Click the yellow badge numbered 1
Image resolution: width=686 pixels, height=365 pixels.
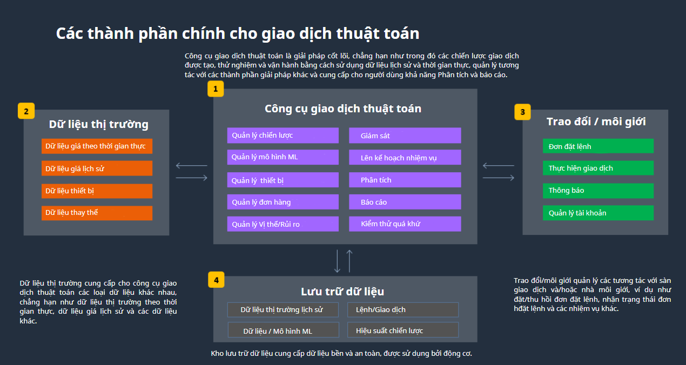click(x=216, y=89)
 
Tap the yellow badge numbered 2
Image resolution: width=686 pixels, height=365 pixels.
click(x=26, y=111)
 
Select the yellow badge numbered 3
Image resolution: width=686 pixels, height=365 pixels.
click(x=522, y=112)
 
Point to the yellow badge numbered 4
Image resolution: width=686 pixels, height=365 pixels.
click(x=216, y=280)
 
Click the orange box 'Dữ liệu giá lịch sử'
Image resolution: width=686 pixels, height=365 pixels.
click(x=97, y=168)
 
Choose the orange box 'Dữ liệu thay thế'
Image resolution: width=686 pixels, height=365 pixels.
click(x=97, y=213)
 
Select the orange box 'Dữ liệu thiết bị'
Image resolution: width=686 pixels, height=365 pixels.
click(x=97, y=191)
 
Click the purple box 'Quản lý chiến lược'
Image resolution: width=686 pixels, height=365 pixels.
click(x=283, y=136)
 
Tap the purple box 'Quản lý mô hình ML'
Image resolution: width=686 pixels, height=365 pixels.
click(x=283, y=157)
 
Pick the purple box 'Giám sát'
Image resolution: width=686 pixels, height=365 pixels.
click(x=405, y=136)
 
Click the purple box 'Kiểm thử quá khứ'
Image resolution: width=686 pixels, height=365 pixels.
click(x=405, y=224)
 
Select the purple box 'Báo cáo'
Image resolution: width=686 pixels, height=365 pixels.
click(x=405, y=202)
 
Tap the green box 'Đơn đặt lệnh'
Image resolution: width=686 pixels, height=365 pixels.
click(x=598, y=146)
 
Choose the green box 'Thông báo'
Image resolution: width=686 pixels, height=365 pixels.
click(x=598, y=191)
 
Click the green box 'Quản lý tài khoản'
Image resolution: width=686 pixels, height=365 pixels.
click(x=598, y=213)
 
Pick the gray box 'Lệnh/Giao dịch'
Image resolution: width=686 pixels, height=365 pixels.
click(x=403, y=309)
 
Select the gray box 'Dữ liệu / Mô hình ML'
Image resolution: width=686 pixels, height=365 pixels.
click(x=283, y=330)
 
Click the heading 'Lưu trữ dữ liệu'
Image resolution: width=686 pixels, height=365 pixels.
click(x=342, y=291)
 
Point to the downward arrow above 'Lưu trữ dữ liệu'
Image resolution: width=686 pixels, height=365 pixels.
click(x=337, y=261)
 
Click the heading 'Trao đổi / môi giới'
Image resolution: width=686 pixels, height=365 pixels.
click(x=596, y=121)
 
